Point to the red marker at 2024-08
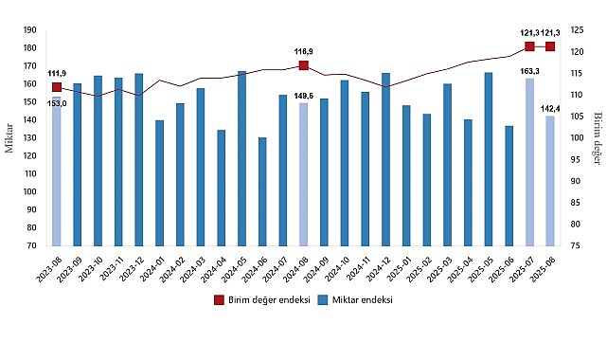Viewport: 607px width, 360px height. [303, 65]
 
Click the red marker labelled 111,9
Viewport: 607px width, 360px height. [57, 87]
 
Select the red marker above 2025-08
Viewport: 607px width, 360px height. [550, 46]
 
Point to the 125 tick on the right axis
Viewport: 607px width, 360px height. [575, 29]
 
